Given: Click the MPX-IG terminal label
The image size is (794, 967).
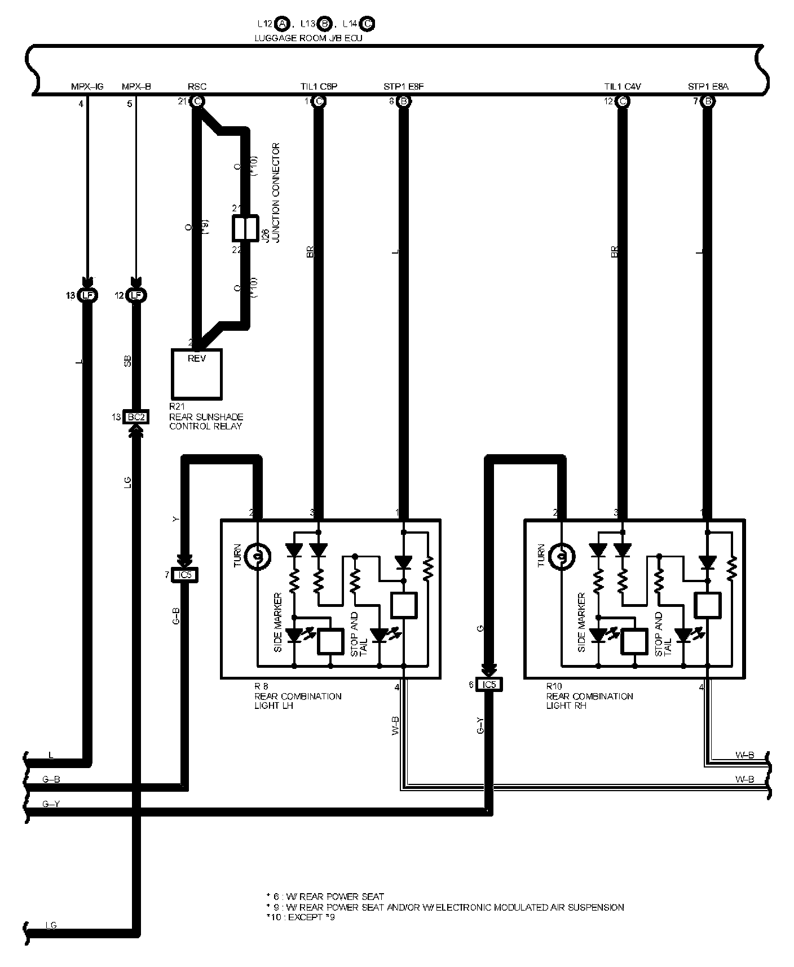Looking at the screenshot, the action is (87, 87).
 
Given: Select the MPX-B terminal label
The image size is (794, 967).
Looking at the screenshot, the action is (136, 87).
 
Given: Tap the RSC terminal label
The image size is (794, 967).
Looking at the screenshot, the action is (197, 87).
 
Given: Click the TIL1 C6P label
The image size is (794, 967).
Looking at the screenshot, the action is (319, 87).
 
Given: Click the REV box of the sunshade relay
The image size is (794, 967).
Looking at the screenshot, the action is (197, 374).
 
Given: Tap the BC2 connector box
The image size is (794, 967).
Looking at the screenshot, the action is (136, 417).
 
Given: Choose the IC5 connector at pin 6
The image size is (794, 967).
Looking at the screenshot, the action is (488, 685).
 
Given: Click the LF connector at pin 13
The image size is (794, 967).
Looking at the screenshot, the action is (87, 295).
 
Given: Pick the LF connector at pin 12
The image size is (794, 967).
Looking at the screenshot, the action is (136, 295).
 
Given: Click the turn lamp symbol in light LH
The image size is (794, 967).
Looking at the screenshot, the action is (258, 557).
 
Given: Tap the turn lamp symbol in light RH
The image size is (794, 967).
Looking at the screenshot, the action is (562, 557).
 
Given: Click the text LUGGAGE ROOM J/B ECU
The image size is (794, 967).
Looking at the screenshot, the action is (309, 38).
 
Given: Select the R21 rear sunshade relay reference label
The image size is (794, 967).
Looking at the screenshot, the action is (206, 416).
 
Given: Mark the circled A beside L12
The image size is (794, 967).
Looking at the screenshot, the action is (283, 24).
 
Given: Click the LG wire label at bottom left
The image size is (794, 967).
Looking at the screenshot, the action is (51, 925).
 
